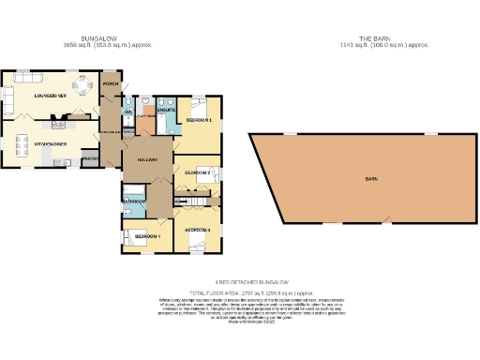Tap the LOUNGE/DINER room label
[x=49, y=95]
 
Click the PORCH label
[x=111, y=84]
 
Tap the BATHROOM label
[x=132, y=202]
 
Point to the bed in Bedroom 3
[x=200, y=245]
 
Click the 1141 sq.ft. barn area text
[x=370, y=44]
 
